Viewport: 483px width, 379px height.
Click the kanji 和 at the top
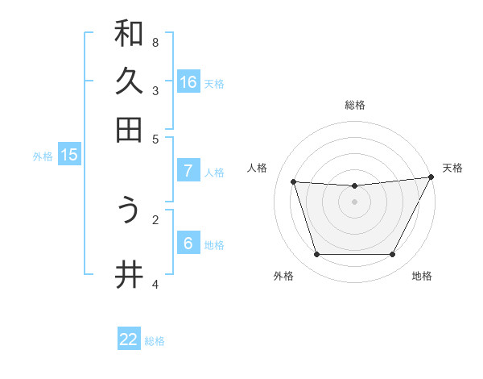tap(129, 34)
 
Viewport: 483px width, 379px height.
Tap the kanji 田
tap(129, 129)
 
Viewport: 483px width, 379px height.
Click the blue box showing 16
tap(188, 81)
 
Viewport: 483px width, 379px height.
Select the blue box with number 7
tap(188, 170)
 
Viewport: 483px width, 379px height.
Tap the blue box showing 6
tap(188, 243)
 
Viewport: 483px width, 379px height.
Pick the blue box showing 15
tap(69, 155)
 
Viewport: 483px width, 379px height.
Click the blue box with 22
tap(129, 339)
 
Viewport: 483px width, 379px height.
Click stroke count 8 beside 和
tap(155, 42)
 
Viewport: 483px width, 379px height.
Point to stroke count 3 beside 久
tap(155, 90)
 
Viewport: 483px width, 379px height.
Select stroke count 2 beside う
tap(155, 219)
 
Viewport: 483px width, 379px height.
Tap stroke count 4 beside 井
tap(155, 283)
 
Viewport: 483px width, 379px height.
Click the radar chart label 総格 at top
tap(355, 105)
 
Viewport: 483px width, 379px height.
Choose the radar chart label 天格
tap(452, 168)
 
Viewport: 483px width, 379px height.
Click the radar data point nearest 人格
tap(294, 182)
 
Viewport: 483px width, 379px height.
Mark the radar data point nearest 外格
tap(316, 255)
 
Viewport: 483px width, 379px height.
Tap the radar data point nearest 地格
tap(393, 255)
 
